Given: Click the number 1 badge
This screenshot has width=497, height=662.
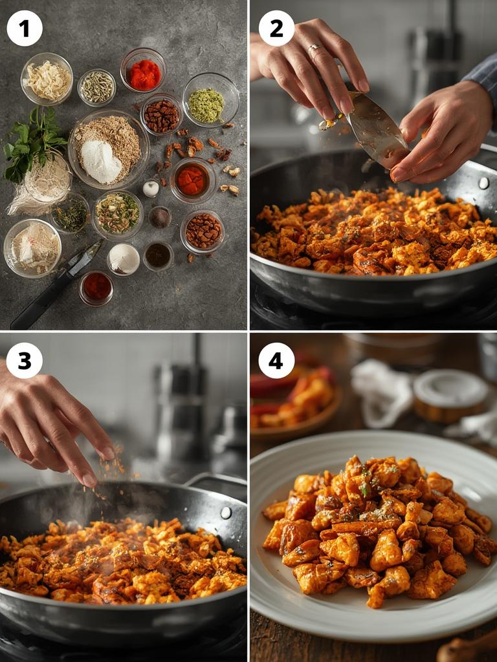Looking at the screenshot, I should [25, 28].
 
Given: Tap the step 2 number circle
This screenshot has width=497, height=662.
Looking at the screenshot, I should [276, 28].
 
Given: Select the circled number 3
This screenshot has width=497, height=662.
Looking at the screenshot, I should [25, 361].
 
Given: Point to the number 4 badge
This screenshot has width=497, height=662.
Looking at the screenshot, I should [276, 361].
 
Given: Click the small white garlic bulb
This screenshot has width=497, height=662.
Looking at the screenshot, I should [151, 188].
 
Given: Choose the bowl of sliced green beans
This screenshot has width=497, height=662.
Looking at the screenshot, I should [97, 87].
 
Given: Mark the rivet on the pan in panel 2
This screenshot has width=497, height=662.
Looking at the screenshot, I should [483, 184].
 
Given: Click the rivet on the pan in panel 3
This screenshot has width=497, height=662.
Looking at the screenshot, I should [225, 513].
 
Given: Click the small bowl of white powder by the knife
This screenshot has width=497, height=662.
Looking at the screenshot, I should [123, 259].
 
